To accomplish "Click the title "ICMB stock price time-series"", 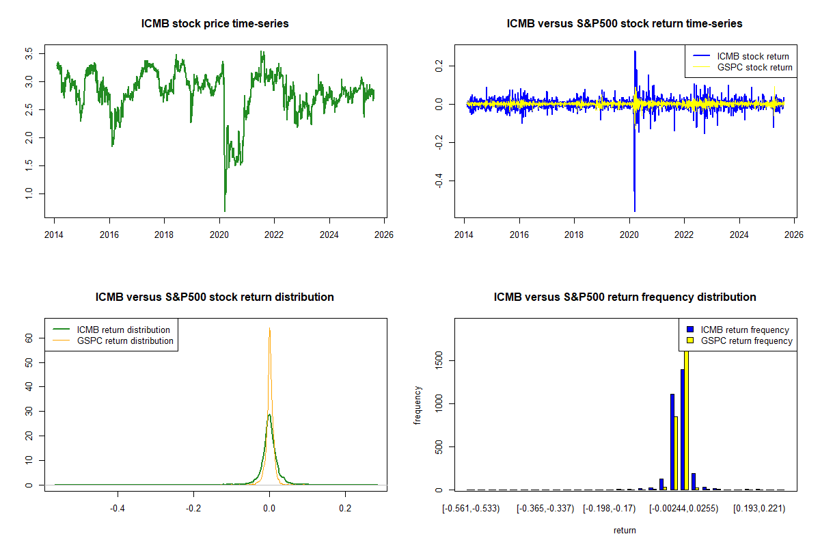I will click(215, 24).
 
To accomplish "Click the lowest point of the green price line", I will click(225, 211).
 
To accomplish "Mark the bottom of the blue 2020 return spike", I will click(635, 211).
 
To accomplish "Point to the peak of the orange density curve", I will click(269, 328).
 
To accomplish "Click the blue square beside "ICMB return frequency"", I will click(691, 330).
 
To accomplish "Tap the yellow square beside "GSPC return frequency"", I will click(691, 341).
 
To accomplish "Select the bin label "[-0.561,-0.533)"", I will click(471, 509).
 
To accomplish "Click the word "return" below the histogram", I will click(625, 530).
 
